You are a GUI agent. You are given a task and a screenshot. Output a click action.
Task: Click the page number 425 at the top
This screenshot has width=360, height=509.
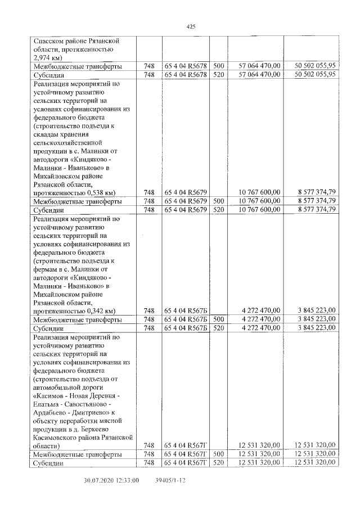coord(190,26)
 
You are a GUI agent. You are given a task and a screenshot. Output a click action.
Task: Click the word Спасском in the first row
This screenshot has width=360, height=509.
coord(52,41)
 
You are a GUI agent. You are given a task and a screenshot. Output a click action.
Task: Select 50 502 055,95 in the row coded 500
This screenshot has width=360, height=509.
coord(316,66)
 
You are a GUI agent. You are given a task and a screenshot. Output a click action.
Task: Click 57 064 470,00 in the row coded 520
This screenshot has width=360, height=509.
coord(259,74)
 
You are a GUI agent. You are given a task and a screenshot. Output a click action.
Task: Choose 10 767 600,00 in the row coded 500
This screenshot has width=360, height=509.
coord(259,201)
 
